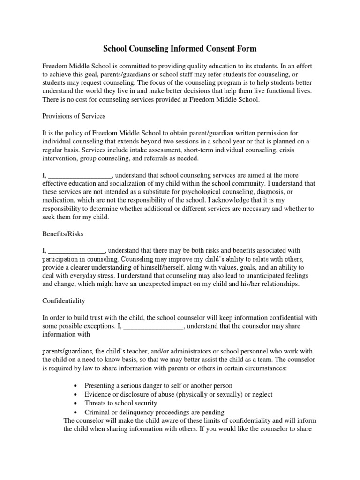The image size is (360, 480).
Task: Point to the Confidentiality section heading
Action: point(64,300)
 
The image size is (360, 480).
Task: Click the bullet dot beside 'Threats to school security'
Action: point(76,403)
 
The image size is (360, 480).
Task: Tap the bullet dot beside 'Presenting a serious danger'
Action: point(76,385)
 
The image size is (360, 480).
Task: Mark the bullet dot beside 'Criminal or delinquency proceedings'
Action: point(76,412)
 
